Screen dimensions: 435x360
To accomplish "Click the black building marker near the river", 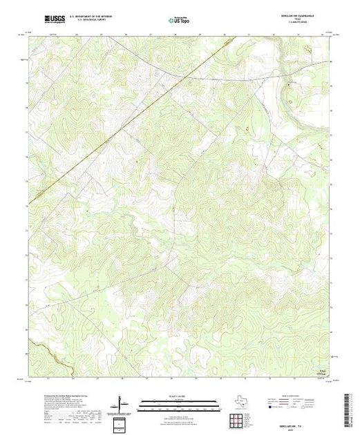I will click(290, 84).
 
